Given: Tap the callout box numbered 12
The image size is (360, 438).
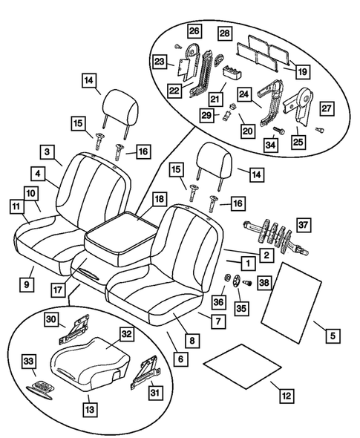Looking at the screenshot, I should (286, 396).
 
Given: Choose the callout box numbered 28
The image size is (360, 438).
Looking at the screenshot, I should (224, 33).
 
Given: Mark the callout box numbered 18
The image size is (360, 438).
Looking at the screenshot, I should (159, 199).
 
